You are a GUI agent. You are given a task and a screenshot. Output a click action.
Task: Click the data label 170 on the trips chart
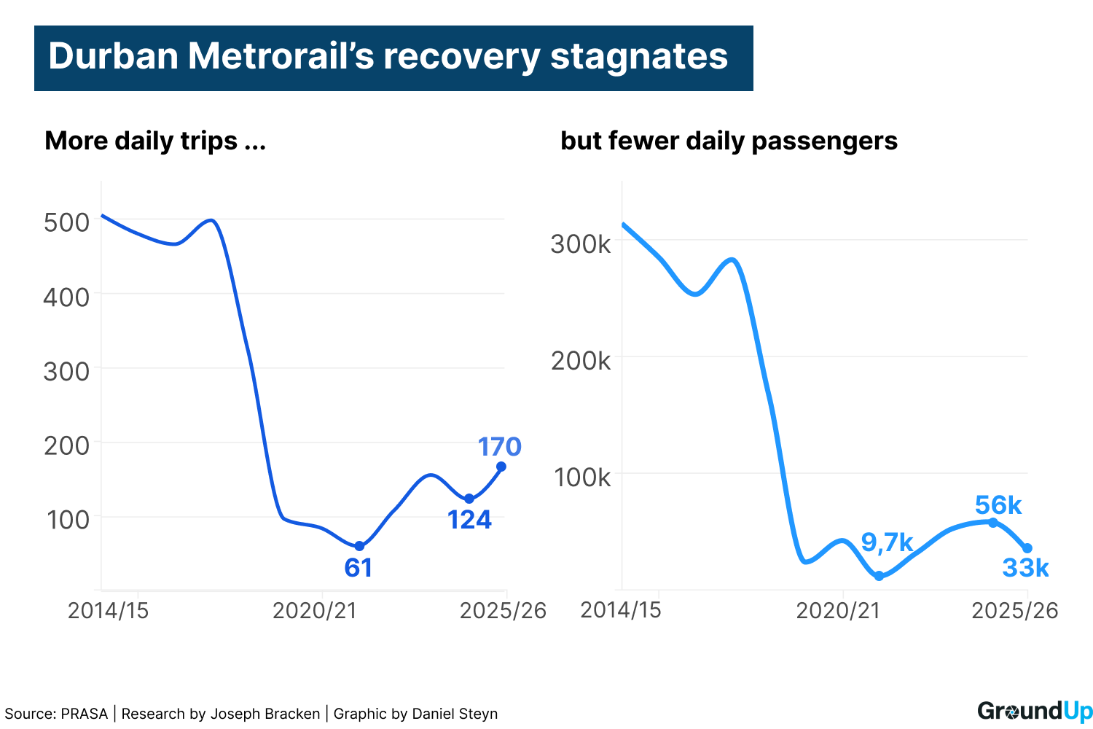[500, 447]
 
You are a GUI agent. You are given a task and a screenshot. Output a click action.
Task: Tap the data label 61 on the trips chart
[359, 568]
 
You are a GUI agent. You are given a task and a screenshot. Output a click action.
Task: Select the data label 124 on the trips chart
[469, 520]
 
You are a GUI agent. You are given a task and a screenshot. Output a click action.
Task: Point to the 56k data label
[998, 505]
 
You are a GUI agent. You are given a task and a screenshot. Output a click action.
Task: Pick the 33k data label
[1025, 568]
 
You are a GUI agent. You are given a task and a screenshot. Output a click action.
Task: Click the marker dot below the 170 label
[501, 467]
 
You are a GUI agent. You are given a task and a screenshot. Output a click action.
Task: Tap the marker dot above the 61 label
[359, 546]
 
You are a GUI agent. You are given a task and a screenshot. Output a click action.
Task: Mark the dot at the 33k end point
[1027, 548]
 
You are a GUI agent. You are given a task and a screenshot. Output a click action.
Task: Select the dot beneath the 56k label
[993, 523]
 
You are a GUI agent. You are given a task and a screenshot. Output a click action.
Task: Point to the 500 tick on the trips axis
[67, 222]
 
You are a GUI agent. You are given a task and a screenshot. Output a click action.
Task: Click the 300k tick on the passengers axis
[581, 244]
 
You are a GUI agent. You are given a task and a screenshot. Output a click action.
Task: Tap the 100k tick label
[582, 477]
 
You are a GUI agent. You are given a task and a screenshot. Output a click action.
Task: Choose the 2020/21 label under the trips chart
[315, 611]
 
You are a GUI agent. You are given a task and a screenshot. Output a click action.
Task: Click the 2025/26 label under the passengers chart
[1015, 611]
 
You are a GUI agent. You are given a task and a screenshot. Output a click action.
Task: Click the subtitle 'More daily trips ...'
[155, 141]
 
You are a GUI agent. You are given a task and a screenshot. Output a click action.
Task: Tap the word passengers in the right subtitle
[824, 141]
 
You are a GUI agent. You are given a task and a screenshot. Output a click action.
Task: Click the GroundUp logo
[1035, 712]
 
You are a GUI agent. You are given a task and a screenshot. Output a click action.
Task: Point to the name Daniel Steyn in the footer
[455, 714]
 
